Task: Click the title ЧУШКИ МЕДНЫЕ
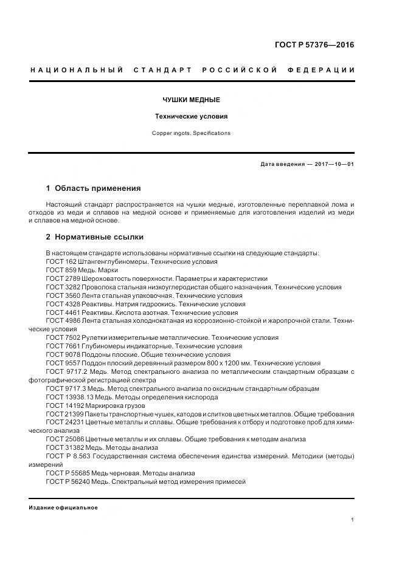(191, 100)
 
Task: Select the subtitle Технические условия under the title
(191, 116)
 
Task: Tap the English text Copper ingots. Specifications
(191, 133)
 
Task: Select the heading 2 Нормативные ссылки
(94, 237)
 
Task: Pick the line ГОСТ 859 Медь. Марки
(82, 270)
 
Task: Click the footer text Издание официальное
(63, 508)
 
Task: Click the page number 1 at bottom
(353, 520)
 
